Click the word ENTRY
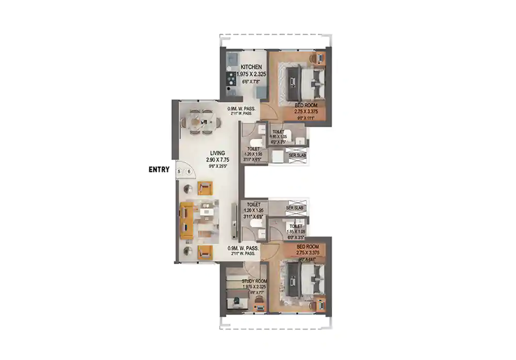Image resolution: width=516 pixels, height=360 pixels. [158, 169]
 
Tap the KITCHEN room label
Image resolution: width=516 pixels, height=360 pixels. [251, 67]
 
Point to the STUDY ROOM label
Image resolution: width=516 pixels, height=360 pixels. [254, 282]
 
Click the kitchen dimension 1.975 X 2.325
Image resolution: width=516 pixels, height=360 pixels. [251, 74]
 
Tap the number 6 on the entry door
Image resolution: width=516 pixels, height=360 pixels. [189, 172]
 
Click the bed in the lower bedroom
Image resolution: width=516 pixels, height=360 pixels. [304, 281]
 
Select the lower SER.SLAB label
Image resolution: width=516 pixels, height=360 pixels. [294, 208]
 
